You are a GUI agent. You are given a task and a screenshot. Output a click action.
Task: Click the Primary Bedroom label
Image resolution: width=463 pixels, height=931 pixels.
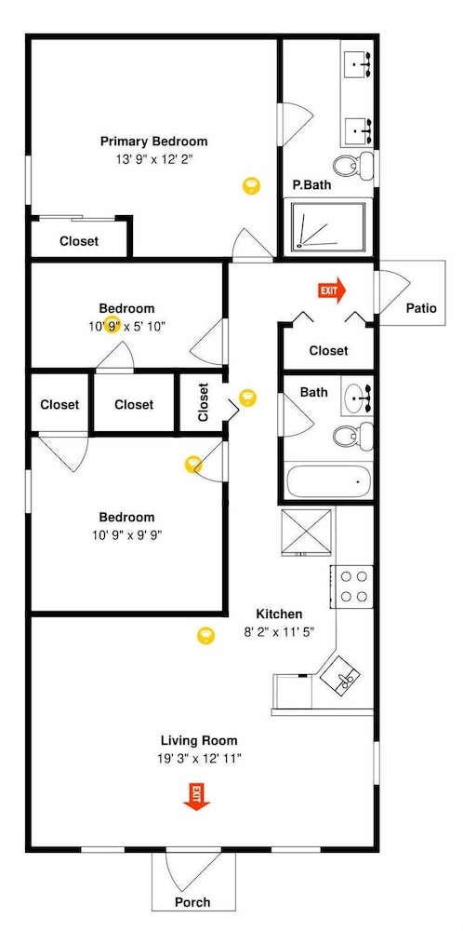tap(153, 142)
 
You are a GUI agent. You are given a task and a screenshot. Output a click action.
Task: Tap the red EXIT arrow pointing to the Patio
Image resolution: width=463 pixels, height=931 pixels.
tap(332, 290)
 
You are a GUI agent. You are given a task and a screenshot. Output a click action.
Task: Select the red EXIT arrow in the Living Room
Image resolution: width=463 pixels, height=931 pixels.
tap(196, 797)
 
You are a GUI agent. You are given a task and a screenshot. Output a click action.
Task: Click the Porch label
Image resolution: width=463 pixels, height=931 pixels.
tap(192, 902)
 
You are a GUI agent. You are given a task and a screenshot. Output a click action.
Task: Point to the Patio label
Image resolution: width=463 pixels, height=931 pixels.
tap(421, 308)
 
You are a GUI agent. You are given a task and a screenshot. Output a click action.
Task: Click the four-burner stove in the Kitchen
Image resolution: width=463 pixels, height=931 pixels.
tap(352, 587)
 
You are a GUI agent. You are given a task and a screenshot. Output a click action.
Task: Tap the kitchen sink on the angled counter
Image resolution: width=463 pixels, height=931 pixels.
tap(340, 676)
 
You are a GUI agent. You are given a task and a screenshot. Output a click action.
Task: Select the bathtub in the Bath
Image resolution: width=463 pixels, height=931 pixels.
tap(328, 481)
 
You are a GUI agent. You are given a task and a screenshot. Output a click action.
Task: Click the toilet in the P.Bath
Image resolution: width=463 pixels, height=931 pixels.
tap(353, 164)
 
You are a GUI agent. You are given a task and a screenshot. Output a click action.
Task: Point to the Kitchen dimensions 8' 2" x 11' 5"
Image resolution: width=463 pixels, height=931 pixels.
tap(279, 632)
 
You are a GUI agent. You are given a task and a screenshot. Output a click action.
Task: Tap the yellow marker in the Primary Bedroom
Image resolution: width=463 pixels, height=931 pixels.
tap(251, 186)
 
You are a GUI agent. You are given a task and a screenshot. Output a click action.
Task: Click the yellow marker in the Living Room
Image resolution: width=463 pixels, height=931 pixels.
tap(205, 636)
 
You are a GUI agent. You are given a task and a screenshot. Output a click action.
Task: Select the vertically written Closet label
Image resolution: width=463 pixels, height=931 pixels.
tap(204, 402)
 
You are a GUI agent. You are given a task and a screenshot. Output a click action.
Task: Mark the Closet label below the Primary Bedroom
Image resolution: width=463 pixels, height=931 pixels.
tap(79, 242)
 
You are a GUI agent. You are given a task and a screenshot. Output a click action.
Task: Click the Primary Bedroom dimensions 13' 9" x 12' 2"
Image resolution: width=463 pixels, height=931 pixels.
tap(154, 159)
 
